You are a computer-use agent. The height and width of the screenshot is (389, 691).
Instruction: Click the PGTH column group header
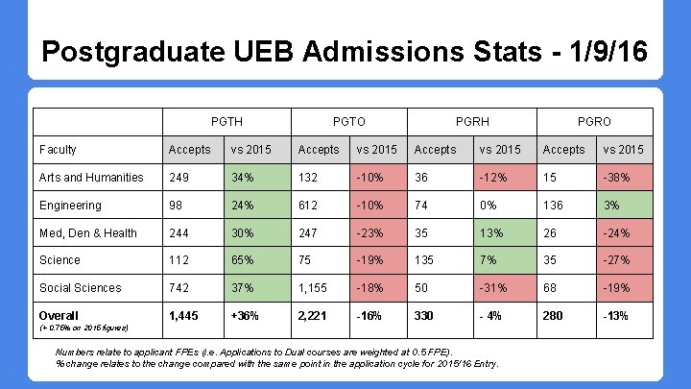pyautogui.click(x=226, y=122)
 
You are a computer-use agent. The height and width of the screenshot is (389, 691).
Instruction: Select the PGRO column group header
pyautogui.click(x=594, y=122)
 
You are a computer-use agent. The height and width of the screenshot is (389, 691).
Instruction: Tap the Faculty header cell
pyautogui.click(x=58, y=150)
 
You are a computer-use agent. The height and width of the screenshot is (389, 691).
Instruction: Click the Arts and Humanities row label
pyautogui.click(x=91, y=178)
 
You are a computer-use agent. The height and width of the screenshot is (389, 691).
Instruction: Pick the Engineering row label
pyautogui.click(x=70, y=206)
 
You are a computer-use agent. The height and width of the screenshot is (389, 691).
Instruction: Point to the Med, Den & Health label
pyautogui.click(x=88, y=233)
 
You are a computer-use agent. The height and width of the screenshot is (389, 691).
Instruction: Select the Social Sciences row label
pyautogui.click(x=80, y=288)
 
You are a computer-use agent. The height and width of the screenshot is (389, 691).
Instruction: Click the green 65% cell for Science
pyautogui.click(x=254, y=260)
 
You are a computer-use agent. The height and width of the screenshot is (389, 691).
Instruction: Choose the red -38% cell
pyautogui.click(x=625, y=178)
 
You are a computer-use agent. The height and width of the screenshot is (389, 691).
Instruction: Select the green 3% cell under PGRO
pyautogui.click(x=625, y=206)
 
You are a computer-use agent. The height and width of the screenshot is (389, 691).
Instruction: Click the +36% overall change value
pyautogui.click(x=244, y=316)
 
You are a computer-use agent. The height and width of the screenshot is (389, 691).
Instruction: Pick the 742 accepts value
pyautogui.click(x=180, y=288)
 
